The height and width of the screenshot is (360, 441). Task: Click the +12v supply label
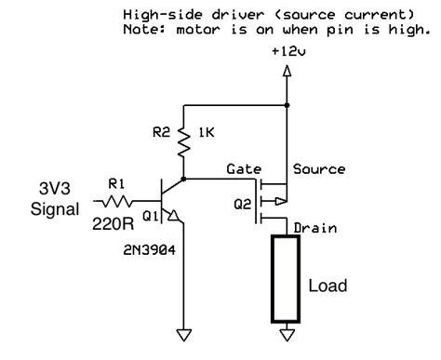[x=286, y=53]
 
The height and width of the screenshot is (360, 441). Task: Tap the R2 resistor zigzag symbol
[x=186, y=140]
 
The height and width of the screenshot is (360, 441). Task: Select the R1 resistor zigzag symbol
[x=116, y=199]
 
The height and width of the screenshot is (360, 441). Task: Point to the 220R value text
[x=113, y=223]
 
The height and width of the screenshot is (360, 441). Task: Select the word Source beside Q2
[x=318, y=170]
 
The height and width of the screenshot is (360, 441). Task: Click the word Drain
[x=314, y=227]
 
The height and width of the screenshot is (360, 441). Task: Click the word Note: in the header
[x=141, y=29]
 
